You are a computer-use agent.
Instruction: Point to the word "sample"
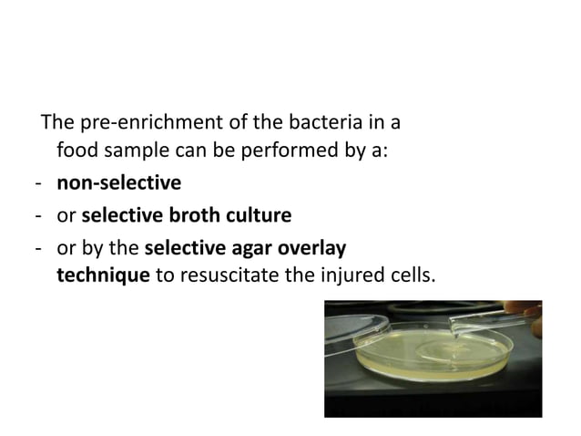pyautogui.click(x=135, y=151)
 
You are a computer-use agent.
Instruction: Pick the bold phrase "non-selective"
pyautogui.click(x=118, y=183)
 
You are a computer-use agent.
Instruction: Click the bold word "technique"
pyautogui.click(x=103, y=274)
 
